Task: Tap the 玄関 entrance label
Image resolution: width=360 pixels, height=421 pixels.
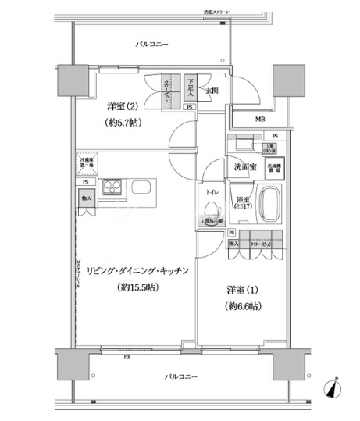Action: [x=212, y=91]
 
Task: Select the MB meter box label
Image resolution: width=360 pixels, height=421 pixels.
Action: [x=259, y=119]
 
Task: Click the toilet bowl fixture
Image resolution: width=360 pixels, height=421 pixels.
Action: [x=210, y=210]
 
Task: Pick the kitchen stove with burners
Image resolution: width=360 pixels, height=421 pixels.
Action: [x=110, y=188]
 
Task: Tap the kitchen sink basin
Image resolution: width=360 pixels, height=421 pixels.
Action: [x=143, y=188]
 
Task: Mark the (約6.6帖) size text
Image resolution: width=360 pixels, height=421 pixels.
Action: [x=243, y=306]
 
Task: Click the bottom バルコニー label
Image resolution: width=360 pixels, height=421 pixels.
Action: [x=181, y=377]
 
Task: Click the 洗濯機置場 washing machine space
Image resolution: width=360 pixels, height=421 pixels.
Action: [x=274, y=166]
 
